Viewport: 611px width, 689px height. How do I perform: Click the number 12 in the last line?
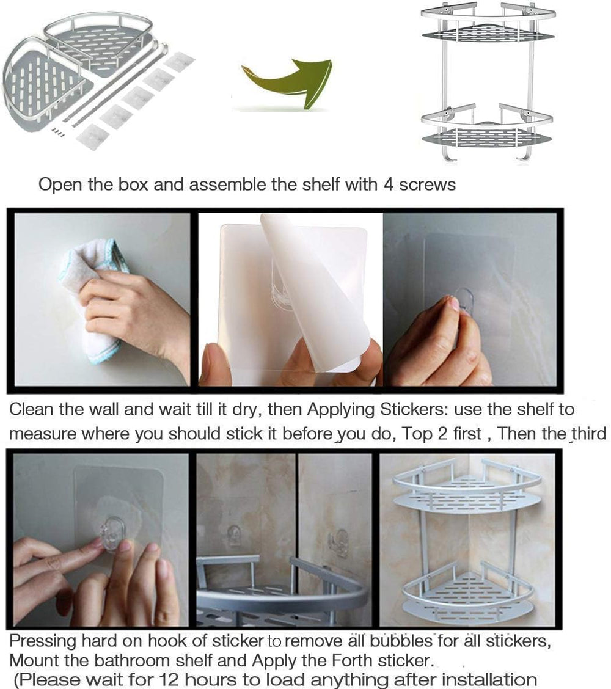[x=173, y=679]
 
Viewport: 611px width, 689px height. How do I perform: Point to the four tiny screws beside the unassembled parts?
[x=57, y=131]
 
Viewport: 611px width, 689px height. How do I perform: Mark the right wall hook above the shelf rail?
[x=338, y=541]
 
